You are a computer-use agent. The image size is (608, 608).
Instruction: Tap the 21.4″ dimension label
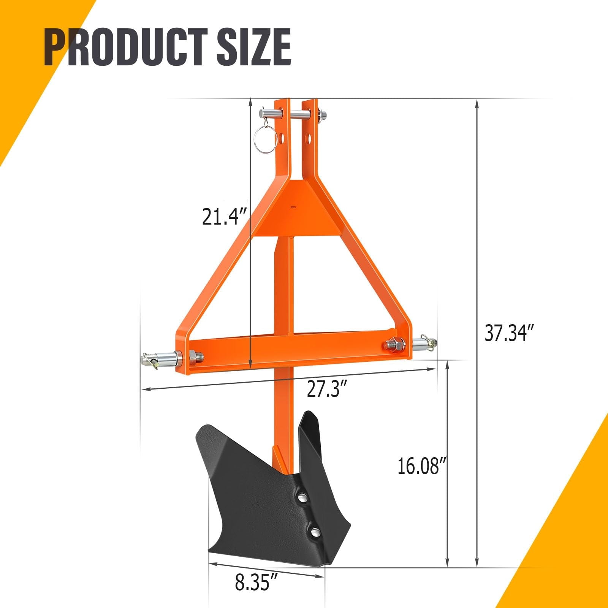coord(224,217)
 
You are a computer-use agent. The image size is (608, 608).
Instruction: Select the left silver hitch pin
coord(161,358)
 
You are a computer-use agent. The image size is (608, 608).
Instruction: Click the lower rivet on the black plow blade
coord(315,532)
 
